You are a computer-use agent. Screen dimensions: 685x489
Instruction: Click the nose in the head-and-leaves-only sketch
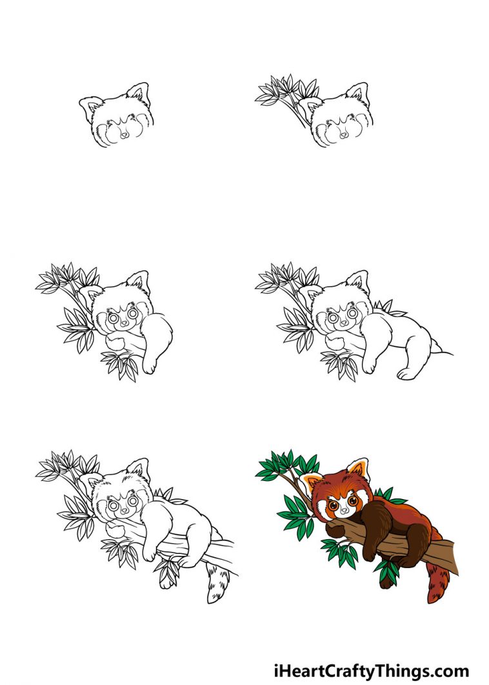click(343, 134)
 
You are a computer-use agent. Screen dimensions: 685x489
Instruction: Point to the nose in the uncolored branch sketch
click(123, 512)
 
